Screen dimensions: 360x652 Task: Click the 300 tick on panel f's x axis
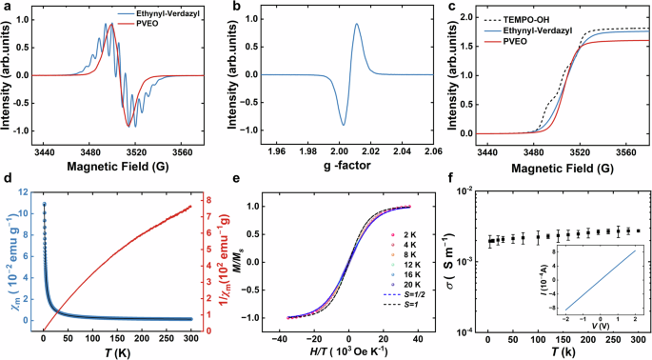tap(637, 338)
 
